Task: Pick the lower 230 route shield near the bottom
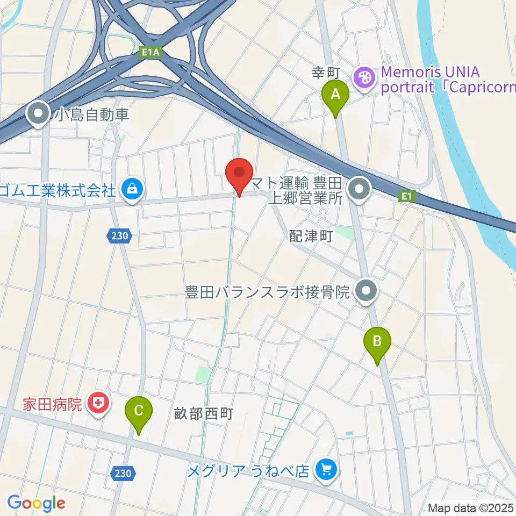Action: (123, 473)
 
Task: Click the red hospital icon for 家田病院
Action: (98, 403)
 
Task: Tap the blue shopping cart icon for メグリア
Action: (326, 470)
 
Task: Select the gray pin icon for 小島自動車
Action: (39, 113)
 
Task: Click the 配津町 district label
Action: (311, 236)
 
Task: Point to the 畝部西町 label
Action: (203, 413)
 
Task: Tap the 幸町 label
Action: (324, 71)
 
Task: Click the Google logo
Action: (37, 504)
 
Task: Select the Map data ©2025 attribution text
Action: (471, 508)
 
